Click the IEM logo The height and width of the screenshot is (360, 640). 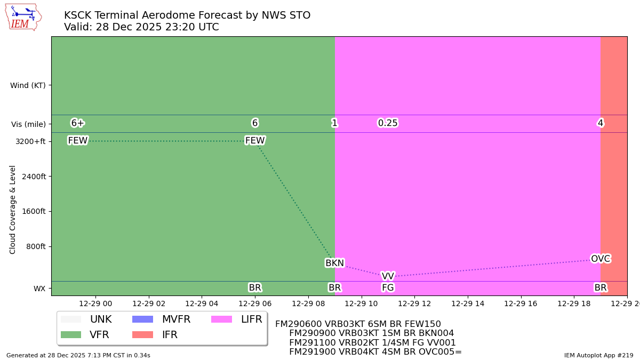[x=23, y=17]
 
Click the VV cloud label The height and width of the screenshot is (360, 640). [x=388, y=276]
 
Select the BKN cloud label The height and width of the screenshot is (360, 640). [x=334, y=263]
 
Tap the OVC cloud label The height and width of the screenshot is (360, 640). [x=600, y=259]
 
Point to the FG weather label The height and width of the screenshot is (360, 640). [x=388, y=288]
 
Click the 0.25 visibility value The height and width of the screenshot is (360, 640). [x=388, y=123]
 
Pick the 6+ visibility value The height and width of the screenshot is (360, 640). [x=78, y=123]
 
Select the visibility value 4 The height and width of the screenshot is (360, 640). [x=600, y=123]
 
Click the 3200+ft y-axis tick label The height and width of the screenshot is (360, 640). [x=31, y=141]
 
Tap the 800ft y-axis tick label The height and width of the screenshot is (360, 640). [x=35, y=246]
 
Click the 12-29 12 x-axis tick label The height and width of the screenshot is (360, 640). [x=414, y=303]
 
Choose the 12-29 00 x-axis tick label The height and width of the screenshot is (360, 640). [x=95, y=303]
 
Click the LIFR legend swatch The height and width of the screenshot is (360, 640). [x=221, y=319]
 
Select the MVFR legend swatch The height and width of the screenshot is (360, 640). [x=142, y=319]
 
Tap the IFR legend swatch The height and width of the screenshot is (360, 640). [x=142, y=335]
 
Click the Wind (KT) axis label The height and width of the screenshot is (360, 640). [x=28, y=85]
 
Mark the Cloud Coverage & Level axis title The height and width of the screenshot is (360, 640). [x=13, y=209]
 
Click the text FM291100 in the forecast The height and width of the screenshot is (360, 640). [x=309, y=343]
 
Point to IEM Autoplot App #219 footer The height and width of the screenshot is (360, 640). [x=598, y=355]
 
